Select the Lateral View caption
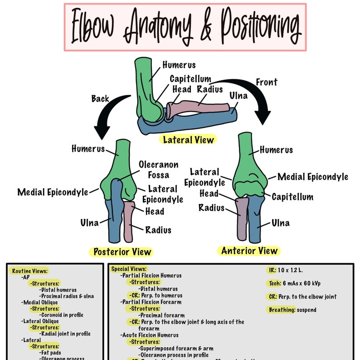(188, 140)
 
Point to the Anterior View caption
(249, 251)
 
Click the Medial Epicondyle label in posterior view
(53, 192)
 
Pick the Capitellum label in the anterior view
(292, 197)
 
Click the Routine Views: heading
(29, 271)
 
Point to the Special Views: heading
(129, 269)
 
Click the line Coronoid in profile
(62, 315)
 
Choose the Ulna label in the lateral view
(238, 96)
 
